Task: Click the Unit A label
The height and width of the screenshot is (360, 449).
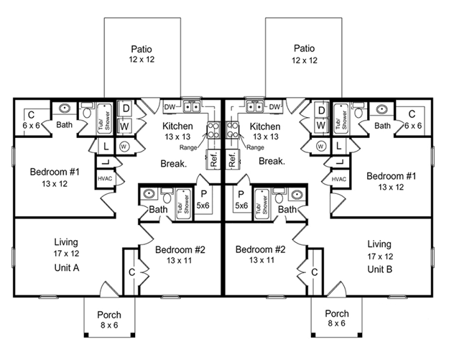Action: coord(66,268)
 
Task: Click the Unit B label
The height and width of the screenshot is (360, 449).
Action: coord(380,269)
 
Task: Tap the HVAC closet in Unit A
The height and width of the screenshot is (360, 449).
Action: coord(105,179)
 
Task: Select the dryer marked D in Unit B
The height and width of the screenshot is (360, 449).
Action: coord(321,110)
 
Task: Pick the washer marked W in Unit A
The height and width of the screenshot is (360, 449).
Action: coord(124,126)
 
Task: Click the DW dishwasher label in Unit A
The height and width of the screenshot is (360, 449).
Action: coord(170,107)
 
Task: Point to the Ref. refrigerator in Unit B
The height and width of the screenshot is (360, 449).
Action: coord(232,160)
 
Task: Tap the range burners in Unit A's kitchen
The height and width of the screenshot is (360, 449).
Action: coord(213,130)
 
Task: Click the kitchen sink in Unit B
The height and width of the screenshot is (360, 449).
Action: coord(255,107)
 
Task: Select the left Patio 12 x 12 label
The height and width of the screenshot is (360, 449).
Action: coord(142,54)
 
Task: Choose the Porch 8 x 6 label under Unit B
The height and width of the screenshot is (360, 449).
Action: coord(337,318)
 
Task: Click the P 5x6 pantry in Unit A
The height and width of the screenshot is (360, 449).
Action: coord(203,200)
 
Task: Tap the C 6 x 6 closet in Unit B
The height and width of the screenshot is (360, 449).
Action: coord(412,119)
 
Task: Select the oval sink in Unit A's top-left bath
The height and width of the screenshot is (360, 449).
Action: coord(65,109)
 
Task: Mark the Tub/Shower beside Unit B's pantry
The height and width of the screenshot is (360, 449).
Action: coord(261,204)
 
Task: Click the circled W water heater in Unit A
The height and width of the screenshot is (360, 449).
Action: coord(124,147)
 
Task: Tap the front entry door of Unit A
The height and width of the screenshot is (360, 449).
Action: coord(109,290)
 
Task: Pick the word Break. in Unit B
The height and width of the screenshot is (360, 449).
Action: coord(272,161)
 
